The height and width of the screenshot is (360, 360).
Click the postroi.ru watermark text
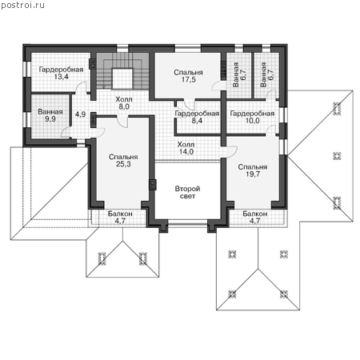22,5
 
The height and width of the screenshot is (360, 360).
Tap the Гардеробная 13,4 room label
61,73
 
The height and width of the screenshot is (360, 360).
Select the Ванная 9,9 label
50,115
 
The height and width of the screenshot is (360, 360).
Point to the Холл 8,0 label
124,103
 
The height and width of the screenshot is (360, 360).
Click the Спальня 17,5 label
188,76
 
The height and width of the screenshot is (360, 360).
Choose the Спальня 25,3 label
123,161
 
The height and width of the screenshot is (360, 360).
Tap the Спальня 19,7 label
253,170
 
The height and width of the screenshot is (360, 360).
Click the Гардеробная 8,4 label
197,117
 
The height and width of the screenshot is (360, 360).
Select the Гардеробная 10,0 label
252,117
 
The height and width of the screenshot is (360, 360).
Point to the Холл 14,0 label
186,148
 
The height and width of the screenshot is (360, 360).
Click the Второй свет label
187,192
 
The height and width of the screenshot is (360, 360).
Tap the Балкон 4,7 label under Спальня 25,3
120,218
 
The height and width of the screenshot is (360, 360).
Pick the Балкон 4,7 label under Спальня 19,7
255,218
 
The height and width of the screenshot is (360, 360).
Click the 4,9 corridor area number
80,114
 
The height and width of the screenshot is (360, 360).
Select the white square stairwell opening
122,78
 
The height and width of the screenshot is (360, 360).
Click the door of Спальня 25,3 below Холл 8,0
122,122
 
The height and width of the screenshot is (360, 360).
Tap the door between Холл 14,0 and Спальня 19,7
231,150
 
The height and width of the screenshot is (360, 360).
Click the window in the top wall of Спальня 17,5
187,49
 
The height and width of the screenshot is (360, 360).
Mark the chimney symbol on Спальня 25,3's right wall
153,184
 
